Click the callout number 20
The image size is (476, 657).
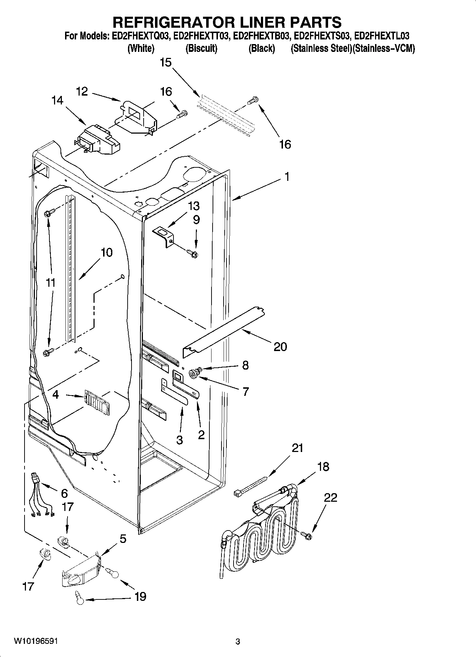point(280,346)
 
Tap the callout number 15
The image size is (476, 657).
point(166,63)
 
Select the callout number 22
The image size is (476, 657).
point(330,497)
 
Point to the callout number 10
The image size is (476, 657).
point(107,252)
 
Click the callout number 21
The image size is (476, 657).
point(298,448)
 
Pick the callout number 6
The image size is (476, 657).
point(64,493)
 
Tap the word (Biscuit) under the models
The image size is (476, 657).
point(201,48)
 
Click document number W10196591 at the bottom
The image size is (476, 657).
point(36,641)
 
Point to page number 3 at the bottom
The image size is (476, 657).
point(238,641)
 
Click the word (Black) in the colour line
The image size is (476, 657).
point(262,48)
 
